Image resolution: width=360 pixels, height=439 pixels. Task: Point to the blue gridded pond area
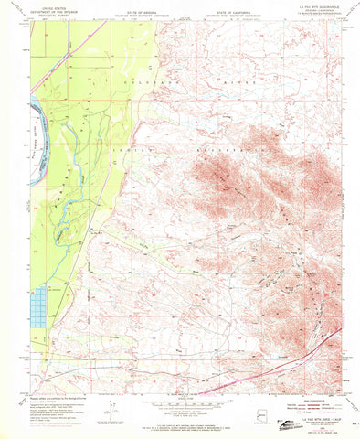[x=40, y=302]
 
